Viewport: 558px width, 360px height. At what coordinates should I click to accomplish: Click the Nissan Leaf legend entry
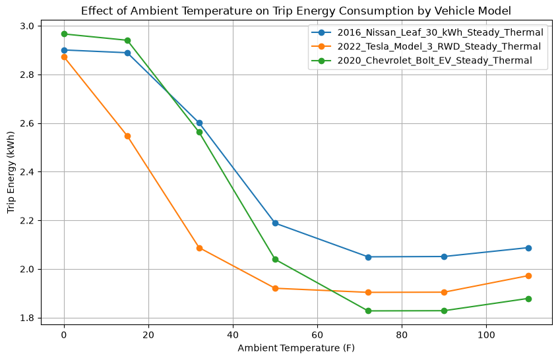tap(427, 32)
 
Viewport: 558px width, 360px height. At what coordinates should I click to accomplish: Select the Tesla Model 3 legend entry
tap(426, 46)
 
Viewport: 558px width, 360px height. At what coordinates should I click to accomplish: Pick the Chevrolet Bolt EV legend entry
tap(421, 61)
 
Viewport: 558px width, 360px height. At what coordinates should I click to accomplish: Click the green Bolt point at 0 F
tap(64, 34)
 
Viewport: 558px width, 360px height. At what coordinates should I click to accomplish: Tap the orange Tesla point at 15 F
tap(127, 136)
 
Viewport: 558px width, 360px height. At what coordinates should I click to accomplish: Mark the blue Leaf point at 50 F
tap(275, 224)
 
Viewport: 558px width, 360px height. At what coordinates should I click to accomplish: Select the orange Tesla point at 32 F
tap(199, 249)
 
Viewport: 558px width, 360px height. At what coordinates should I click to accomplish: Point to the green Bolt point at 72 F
tap(368, 311)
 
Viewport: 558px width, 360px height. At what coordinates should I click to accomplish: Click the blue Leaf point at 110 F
tap(528, 248)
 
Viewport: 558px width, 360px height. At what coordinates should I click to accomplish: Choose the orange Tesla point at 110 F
tap(528, 276)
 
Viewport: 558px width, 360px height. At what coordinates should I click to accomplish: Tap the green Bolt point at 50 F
tap(275, 259)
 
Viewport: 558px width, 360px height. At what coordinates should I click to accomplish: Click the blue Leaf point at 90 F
tap(444, 256)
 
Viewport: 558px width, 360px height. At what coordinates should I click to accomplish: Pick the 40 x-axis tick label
tap(233, 335)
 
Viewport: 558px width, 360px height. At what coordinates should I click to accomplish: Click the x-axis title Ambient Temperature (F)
tap(296, 348)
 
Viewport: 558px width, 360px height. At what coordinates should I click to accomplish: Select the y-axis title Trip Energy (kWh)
tap(11, 173)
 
